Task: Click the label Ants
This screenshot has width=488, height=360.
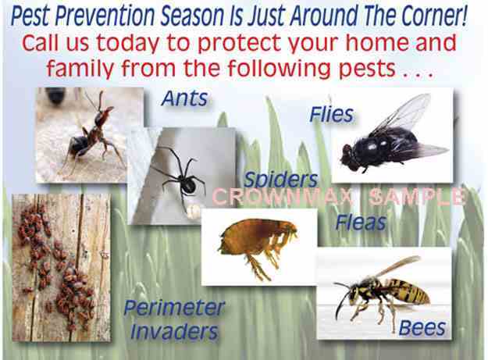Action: pyautogui.click(x=185, y=98)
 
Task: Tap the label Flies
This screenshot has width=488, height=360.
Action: pyautogui.click(x=332, y=115)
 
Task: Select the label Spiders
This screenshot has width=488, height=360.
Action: pyautogui.click(x=281, y=180)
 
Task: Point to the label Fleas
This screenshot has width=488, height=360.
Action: pyautogui.click(x=361, y=223)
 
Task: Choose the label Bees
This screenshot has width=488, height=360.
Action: pyautogui.click(x=422, y=328)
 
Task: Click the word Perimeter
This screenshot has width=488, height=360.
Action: pyautogui.click(x=174, y=308)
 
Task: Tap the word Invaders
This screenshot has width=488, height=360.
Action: pyautogui.click(x=174, y=332)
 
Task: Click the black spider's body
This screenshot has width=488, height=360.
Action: pyautogui.click(x=189, y=185)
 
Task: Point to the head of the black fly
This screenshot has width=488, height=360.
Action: pyautogui.click(x=350, y=158)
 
